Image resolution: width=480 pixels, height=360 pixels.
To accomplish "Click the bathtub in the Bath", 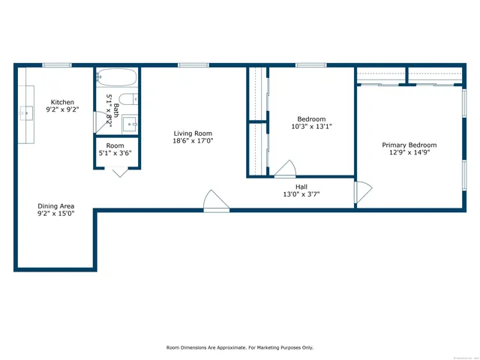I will pos(116,77).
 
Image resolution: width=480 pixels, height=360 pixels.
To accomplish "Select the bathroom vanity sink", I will pos(129,124).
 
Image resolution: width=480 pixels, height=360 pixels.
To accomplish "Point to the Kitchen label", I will pos(62,102).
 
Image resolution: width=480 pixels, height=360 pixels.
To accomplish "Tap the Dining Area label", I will pos(56,205).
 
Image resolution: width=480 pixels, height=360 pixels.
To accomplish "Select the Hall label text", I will pos(301,187).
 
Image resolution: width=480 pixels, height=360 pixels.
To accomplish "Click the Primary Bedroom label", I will pos(409,145).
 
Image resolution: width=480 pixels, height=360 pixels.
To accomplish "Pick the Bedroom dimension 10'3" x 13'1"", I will pos(311,127).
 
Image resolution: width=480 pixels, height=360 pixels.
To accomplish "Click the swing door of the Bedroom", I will pos(285,169).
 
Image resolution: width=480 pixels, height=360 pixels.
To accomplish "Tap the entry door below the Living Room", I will pos(216,201).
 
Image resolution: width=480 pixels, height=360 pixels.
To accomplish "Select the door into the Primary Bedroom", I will pos(362,193).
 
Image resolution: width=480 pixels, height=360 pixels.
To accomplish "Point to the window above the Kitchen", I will pos(56,65).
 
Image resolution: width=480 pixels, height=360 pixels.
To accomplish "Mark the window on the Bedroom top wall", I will pos(305,65).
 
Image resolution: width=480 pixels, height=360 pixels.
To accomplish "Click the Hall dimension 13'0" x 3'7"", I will pos(301,195).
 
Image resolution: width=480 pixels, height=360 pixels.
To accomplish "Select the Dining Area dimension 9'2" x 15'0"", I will pos(56,214).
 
